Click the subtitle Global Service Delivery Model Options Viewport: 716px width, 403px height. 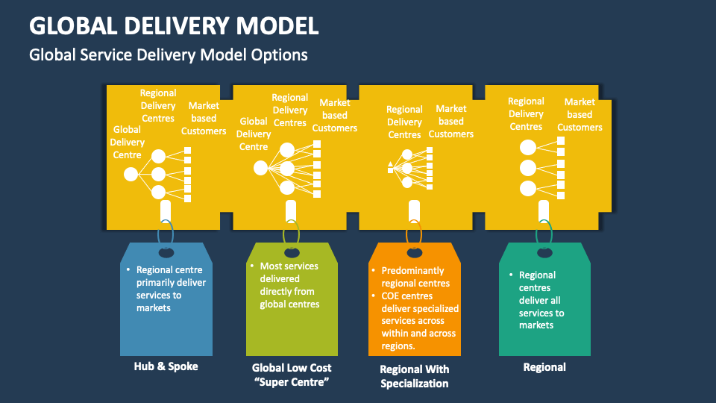pyautogui.click(x=168, y=54)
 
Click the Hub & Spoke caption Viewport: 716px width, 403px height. pyautogui.click(x=166, y=366)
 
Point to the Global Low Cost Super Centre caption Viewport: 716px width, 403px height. pyautogui.click(x=292, y=374)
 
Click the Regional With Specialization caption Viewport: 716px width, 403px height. pyautogui.click(x=415, y=376)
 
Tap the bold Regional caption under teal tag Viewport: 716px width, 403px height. pyautogui.click(x=544, y=366)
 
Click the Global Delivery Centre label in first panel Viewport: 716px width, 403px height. pyautogui.click(x=127, y=142)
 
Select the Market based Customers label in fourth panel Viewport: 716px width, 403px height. pyautogui.click(x=580, y=114)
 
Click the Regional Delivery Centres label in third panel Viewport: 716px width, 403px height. pyautogui.click(x=404, y=122)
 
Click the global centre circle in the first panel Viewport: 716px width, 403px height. pyautogui.click(x=131, y=175)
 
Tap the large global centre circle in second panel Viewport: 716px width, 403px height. pyautogui.click(x=260, y=168)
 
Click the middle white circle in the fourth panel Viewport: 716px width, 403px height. pyautogui.click(x=528, y=167)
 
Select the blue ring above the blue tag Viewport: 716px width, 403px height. pyautogui.click(x=166, y=232)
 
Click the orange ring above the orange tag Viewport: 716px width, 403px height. pyautogui.click(x=414, y=232)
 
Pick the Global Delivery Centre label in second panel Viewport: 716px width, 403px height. pyautogui.click(x=254, y=134)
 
